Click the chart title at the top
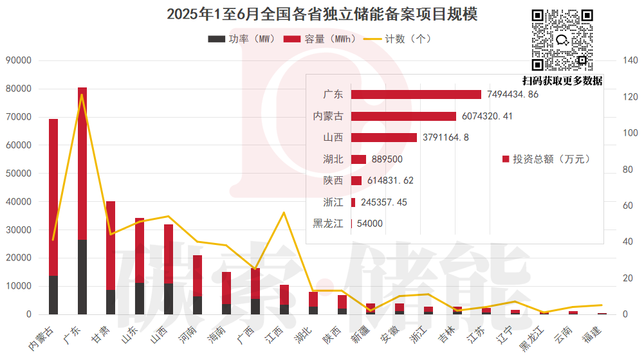point(322,14)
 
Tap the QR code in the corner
point(561,40)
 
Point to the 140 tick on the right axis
point(628,60)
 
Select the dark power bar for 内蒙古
point(53,295)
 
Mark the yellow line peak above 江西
point(284,212)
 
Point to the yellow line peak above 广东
point(82,94)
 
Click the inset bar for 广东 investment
point(416,94)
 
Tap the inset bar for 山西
point(384,138)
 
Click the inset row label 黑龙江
point(327,224)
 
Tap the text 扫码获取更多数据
point(562,80)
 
